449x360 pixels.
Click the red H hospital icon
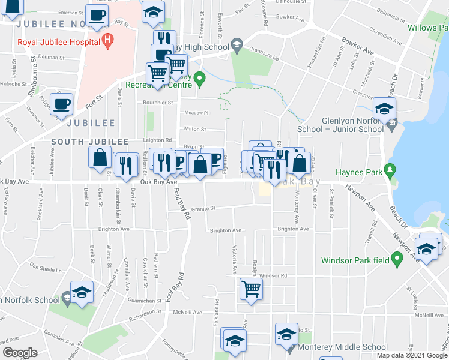108,41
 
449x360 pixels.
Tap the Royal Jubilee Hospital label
58,42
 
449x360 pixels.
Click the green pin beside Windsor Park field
396,259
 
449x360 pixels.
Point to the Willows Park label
427,28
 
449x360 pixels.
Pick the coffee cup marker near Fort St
62,104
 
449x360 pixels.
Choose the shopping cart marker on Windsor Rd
251,289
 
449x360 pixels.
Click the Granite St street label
203,209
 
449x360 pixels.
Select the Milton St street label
195,129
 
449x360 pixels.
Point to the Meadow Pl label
196,113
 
